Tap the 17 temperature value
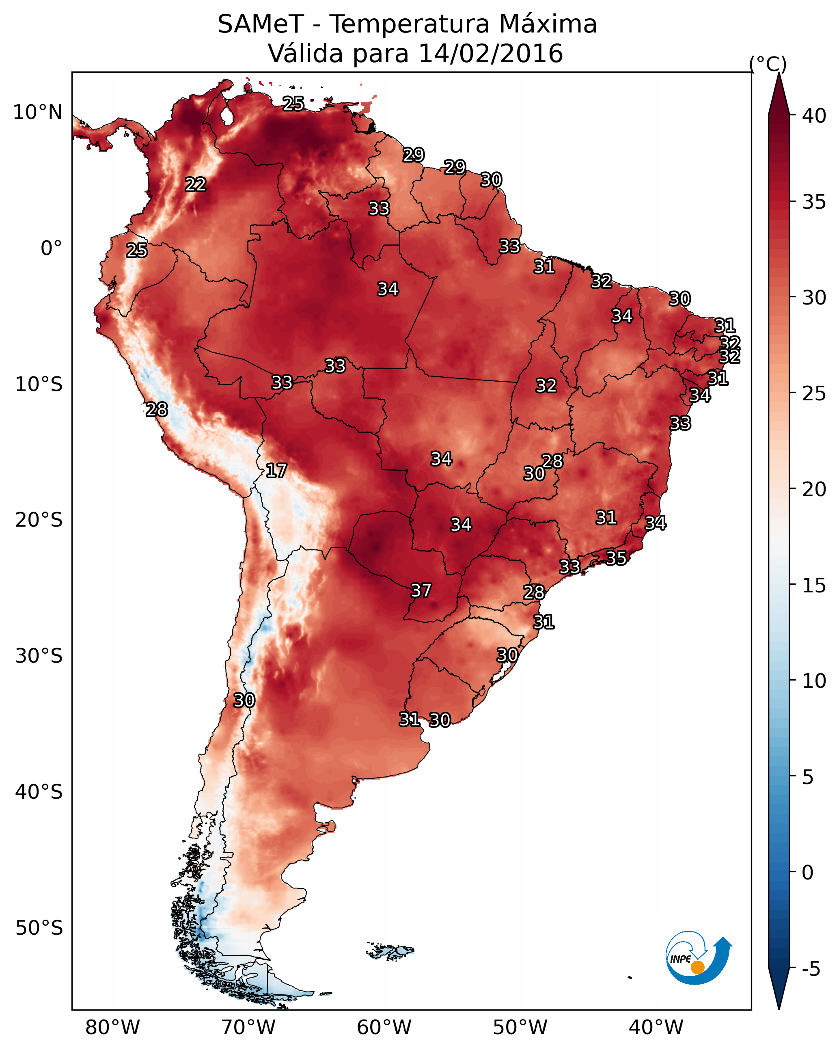point(276,471)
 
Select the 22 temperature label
point(196,184)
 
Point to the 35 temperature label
point(616,557)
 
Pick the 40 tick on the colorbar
point(814,116)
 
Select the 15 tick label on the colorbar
point(814,585)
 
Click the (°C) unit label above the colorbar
point(768,64)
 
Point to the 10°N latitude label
point(37,112)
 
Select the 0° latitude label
point(52,248)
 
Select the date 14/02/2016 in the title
point(490,53)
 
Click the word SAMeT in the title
point(261,24)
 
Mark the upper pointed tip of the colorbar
point(779,73)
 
